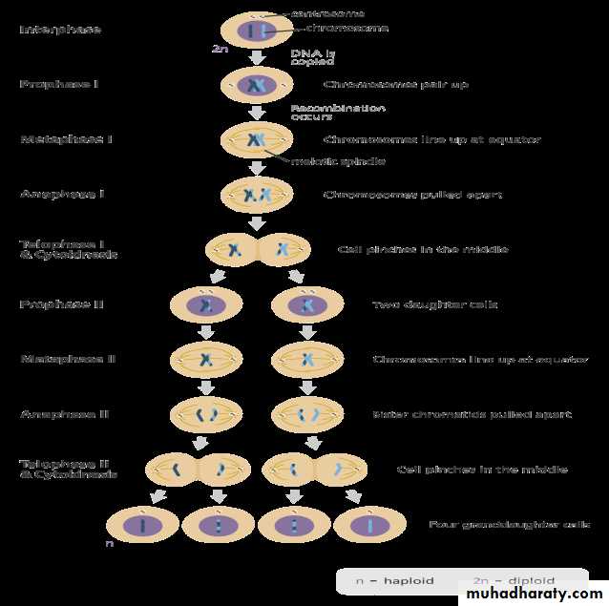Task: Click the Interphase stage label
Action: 60,30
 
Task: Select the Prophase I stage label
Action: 59,85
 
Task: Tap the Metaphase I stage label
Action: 66,139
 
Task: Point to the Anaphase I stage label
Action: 62,195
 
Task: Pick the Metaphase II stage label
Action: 68,360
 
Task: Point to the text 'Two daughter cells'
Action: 434,304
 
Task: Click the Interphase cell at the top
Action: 255,31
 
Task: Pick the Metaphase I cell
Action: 256,141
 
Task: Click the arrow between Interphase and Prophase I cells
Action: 256,59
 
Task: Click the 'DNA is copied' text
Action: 312,56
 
